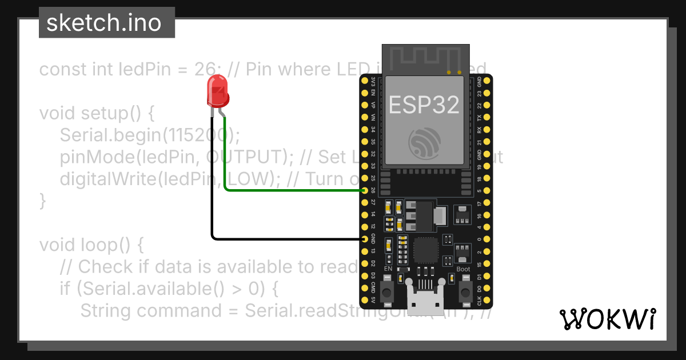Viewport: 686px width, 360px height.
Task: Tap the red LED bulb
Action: pyautogui.click(x=217, y=94)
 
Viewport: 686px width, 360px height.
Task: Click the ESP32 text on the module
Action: pyautogui.click(x=424, y=105)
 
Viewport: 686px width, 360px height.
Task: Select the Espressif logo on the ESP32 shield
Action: pyautogui.click(x=424, y=143)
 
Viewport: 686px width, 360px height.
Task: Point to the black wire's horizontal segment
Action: pyautogui.click(x=286, y=238)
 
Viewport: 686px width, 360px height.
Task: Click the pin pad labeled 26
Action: pyautogui.click(x=365, y=190)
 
